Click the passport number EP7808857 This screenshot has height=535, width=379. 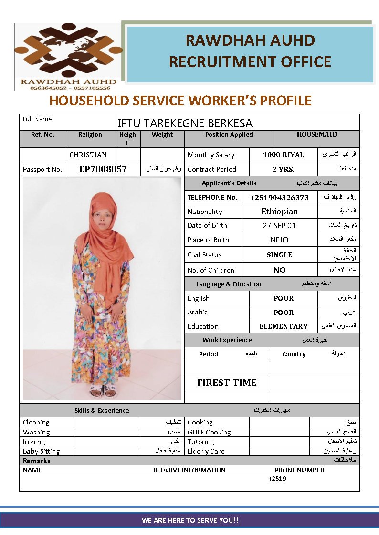[103, 169]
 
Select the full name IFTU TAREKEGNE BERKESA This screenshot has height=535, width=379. [185, 123]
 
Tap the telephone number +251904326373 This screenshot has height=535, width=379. [279, 197]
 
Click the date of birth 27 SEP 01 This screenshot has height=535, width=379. [279, 225]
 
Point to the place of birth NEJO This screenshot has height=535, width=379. [279, 240]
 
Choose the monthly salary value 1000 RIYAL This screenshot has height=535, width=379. [283, 155]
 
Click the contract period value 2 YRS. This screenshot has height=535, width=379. [283, 169]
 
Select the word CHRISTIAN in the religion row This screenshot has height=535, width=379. [88, 155]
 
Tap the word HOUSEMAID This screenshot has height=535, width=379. [316, 134]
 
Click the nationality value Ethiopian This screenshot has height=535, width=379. [279, 212]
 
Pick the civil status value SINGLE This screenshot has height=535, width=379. [279, 255]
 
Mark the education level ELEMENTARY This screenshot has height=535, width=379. [283, 326]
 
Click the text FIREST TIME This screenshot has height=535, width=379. [227, 383]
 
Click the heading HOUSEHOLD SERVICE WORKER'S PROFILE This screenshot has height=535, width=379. [180, 101]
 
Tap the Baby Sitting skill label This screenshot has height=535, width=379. [42, 451]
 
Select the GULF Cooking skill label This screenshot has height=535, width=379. [209, 432]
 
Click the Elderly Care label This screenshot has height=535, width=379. [206, 451]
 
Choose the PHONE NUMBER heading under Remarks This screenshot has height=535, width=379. [299, 470]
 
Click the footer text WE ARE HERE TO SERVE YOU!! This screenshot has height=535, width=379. [189, 520]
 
